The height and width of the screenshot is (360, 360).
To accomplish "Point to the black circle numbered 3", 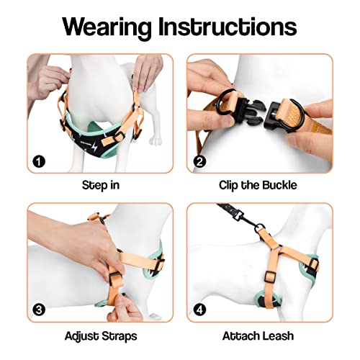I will point(37,310).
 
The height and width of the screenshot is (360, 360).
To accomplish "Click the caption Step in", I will point(101,184).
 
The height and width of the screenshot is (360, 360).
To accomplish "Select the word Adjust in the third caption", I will point(81,336).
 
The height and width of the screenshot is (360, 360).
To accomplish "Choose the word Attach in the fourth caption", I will point(243,336).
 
